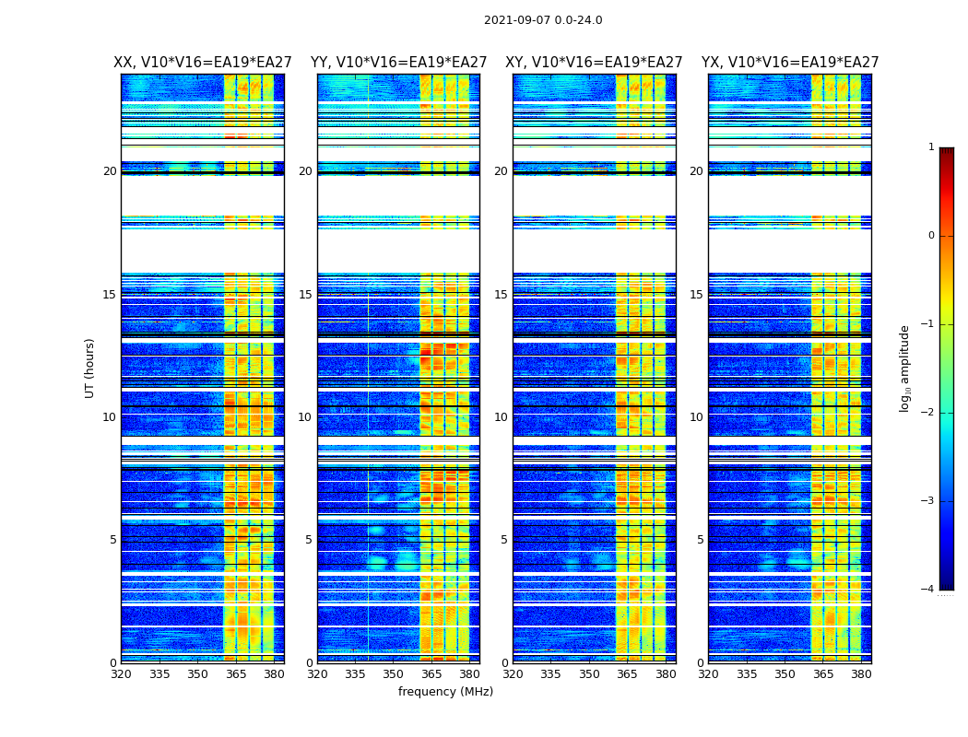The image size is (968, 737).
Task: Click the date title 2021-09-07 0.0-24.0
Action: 543,20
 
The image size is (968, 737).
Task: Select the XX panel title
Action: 203,63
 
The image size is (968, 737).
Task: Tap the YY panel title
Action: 398,63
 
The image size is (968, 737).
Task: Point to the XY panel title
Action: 594,63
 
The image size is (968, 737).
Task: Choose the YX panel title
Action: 790,63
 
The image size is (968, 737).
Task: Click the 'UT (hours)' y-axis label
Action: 90,368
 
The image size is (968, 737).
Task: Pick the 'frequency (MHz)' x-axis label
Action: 445,692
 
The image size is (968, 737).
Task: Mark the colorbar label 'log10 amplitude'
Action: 905,368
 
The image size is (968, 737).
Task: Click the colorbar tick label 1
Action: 931,147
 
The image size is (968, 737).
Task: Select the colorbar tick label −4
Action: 929,590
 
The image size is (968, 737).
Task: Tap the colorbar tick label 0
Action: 931,236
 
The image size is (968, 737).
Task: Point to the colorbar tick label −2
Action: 929,413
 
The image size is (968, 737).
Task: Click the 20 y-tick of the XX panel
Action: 110,171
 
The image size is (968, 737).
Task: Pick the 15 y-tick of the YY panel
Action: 305,295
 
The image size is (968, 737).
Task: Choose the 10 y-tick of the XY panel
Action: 501,417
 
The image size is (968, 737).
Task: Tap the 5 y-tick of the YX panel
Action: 701,540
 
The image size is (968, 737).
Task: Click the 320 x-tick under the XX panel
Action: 121,674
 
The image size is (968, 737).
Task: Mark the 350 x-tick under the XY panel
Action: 589,674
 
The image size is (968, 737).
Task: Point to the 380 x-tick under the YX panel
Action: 861,674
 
